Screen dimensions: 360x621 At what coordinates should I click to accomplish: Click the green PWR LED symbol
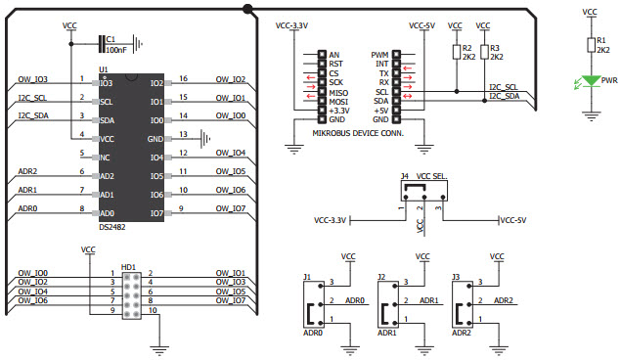[x=590, y=81]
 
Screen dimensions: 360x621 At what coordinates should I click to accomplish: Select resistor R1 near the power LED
[x=590, y=44]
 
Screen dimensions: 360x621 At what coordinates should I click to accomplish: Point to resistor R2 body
[x=456, y=52]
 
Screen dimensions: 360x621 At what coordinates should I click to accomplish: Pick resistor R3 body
[x=484, y=52]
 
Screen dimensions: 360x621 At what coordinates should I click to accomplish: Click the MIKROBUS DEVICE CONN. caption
[x=358, y=131]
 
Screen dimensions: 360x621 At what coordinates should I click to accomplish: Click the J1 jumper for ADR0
[x=316, y=301]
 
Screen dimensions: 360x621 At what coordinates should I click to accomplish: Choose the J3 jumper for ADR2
[x=466, y=301]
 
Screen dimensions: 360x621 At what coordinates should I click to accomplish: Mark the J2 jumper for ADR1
[x=390, y=301]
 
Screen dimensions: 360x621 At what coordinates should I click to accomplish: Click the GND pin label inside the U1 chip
[x=155, y=138]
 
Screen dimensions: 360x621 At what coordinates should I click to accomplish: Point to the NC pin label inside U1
[x=106, y=157]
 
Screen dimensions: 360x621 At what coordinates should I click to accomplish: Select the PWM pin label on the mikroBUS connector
[x=381, y=55]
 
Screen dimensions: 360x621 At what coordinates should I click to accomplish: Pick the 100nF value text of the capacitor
[x=114, y=49]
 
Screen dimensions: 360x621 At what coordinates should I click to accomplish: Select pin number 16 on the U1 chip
[x=183, y=79]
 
